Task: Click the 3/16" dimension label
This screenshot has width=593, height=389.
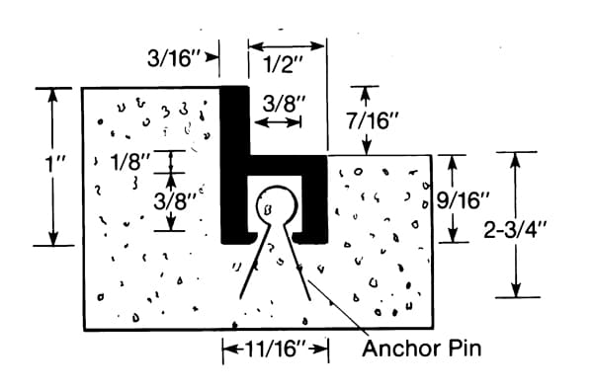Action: tap(172, 58)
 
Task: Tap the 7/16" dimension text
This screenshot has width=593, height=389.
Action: tap(373, 120)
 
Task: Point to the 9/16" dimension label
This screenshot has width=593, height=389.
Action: tap(463, 199)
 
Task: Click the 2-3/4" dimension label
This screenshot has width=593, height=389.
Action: tap(515, 229)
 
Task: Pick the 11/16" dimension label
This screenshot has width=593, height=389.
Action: tap(276, 349)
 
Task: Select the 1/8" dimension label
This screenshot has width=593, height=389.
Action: tap(130, 162)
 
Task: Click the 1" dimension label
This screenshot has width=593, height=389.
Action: tap(55, 164)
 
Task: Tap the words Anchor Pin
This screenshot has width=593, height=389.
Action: tap(422, 349)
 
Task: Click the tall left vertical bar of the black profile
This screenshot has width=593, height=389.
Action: tap(234, 165)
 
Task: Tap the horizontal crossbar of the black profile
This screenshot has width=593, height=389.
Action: tap(288, 164)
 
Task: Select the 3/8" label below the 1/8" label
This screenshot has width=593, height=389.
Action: tap(174, 201)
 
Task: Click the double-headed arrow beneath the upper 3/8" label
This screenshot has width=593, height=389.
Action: tap(278, 121)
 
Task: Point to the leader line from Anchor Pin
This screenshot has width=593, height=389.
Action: tap(338, 307)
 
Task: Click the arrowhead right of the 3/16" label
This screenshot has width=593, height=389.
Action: tap(212, 57)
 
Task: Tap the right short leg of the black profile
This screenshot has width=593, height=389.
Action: tap(314, 207)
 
